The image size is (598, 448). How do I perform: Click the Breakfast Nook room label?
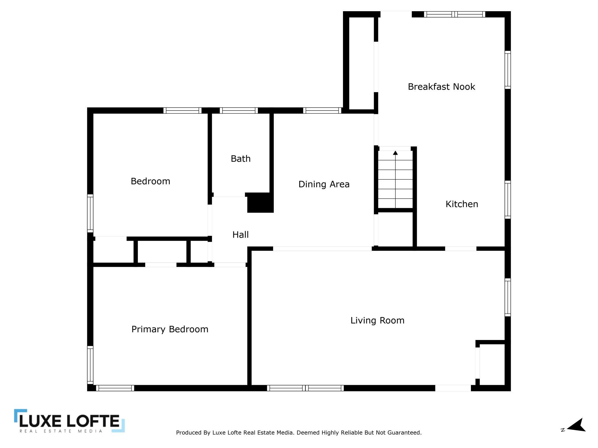[441, 87]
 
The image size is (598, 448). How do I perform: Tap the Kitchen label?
[462, 204]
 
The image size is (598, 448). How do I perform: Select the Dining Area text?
[324, 184]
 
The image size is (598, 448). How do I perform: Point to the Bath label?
[241, 159]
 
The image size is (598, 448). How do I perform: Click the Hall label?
[241, 235]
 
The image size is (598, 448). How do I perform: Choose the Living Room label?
[377, 320]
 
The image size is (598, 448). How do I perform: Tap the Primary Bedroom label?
[170, 329]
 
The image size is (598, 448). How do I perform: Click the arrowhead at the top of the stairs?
[395, 153]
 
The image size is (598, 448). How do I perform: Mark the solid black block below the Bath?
[260, 203]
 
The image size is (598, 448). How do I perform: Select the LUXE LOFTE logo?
[69, 421]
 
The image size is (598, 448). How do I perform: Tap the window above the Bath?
[239, 111]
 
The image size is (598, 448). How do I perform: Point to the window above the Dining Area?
[322, 111]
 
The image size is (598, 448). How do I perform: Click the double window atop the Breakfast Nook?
[455, 14]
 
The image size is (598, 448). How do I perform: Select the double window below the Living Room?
[305, 388]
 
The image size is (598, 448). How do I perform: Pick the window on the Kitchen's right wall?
[508, 200]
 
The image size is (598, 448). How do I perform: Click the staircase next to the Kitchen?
[395, 179]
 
